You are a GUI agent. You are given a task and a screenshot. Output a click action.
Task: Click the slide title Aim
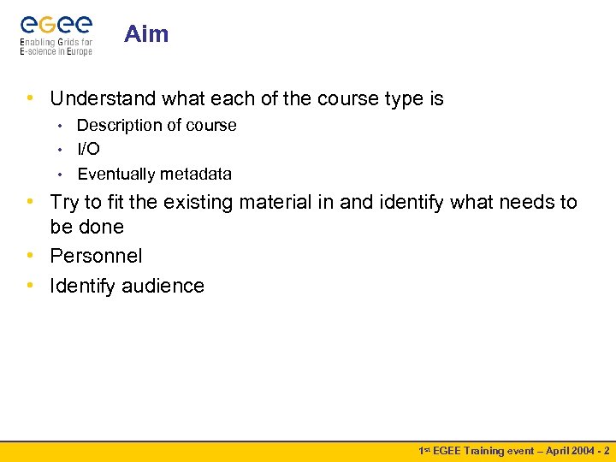(x=146, y=34)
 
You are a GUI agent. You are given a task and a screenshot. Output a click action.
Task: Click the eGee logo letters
(x=56, y=25)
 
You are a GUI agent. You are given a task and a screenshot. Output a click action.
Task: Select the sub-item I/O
(x=88, y=149)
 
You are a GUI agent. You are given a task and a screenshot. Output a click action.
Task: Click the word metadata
(x=196, y=174)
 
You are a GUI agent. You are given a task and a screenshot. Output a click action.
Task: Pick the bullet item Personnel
(x=96, y=256)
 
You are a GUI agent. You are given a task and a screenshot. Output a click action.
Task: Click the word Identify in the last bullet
(x=82, y=286)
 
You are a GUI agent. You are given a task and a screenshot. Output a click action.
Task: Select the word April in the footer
(x=553, y=450)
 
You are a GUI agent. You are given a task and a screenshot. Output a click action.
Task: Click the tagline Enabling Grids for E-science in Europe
(x=56, y=46)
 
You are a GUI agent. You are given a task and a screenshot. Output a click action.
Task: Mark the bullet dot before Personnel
(x=31, y=256)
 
